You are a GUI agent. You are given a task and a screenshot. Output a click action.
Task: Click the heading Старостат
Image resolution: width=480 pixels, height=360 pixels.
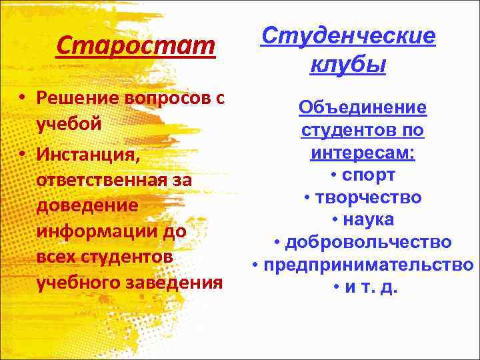click(136, 47)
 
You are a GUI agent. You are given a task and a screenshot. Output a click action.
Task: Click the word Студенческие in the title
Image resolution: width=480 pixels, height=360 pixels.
click(348, 36)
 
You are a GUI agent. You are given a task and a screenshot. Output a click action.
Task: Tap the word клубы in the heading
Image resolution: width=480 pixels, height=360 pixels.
click(348, 66)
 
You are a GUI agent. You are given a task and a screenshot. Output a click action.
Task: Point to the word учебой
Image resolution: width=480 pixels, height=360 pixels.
click(69, 125)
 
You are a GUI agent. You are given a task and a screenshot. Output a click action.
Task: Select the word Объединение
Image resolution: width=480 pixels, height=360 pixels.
click(363, 107)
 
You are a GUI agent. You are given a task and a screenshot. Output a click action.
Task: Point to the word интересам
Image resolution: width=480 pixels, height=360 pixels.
click(361, 153)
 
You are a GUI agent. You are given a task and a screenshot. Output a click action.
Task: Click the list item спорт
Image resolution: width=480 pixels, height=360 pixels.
click(368, 175)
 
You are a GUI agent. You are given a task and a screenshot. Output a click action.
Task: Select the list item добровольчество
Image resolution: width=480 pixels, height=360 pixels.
click(368, 243)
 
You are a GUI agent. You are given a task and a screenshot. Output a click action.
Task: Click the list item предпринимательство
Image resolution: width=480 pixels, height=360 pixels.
click(368, 265)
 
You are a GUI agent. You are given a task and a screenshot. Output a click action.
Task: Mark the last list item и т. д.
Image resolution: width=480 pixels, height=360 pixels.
click(368, 288)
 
